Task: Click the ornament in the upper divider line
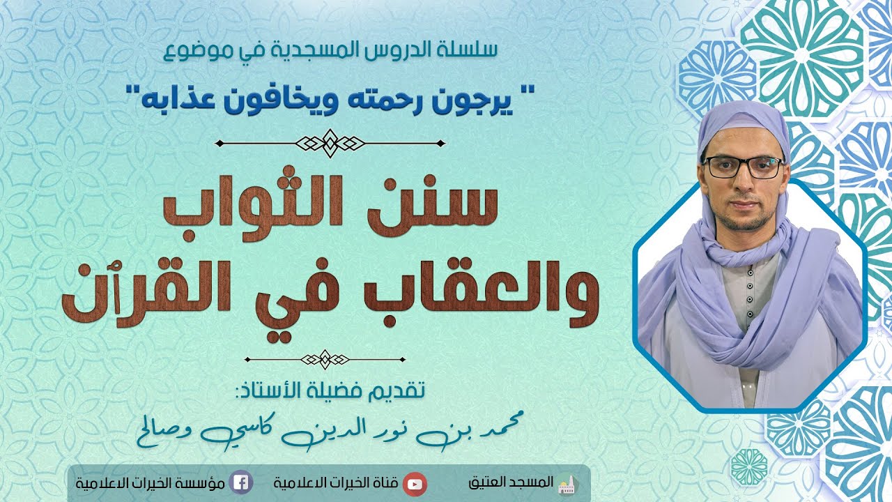coord(330,143)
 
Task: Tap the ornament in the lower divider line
coord(325,360)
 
